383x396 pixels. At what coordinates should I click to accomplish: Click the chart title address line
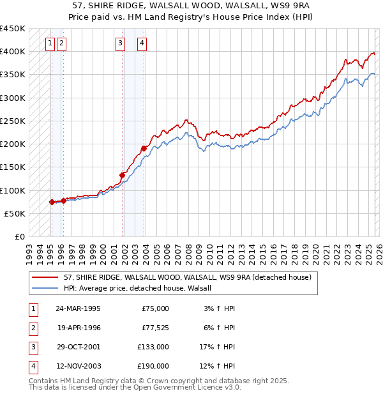pos(191,6)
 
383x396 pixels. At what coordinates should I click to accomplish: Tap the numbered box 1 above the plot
pos(50,43)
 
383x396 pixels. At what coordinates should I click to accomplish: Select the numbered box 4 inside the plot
pos(141,43)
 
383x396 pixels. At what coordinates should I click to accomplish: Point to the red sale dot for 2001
pos(122,174)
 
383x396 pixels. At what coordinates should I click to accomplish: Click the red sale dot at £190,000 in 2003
pos(144,148)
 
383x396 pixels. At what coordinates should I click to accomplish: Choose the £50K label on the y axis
pos(15,213)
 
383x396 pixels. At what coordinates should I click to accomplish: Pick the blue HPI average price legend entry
pos(141,289)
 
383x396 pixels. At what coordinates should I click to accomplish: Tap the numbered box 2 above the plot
pos(61,43)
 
